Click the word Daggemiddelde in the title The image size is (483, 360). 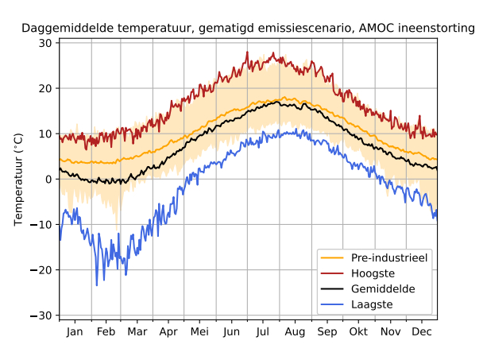coord(61,29)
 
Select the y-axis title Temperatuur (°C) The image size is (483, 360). coord(19,180)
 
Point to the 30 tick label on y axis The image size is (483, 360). coord(45,43)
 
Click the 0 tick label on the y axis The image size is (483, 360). coord(48,180)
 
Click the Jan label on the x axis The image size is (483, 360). coord(75,331)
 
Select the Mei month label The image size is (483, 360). coord(199,331)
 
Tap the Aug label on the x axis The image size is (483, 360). coord(295,331)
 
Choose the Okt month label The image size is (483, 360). coord(358,331)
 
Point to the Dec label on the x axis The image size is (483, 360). coord(422,331)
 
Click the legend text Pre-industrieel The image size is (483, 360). coord(389,257)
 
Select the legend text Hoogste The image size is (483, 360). coord(373,273)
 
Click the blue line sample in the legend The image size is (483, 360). coord(332,304)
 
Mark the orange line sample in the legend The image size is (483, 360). coord(332,257)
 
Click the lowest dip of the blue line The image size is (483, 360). coord(97,285)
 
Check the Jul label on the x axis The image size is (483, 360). coord(263,331)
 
